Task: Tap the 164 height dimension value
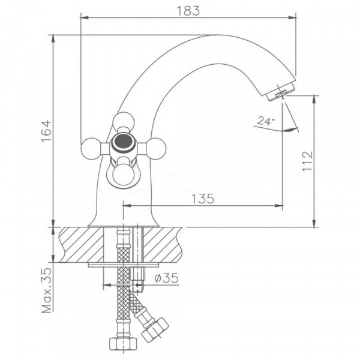click(47, 133)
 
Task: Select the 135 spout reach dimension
click(203, 200)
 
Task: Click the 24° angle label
click(265, 121)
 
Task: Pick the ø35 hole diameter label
click(164, 278)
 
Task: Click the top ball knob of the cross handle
click(123, 122)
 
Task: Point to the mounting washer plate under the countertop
click(123, 264)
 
